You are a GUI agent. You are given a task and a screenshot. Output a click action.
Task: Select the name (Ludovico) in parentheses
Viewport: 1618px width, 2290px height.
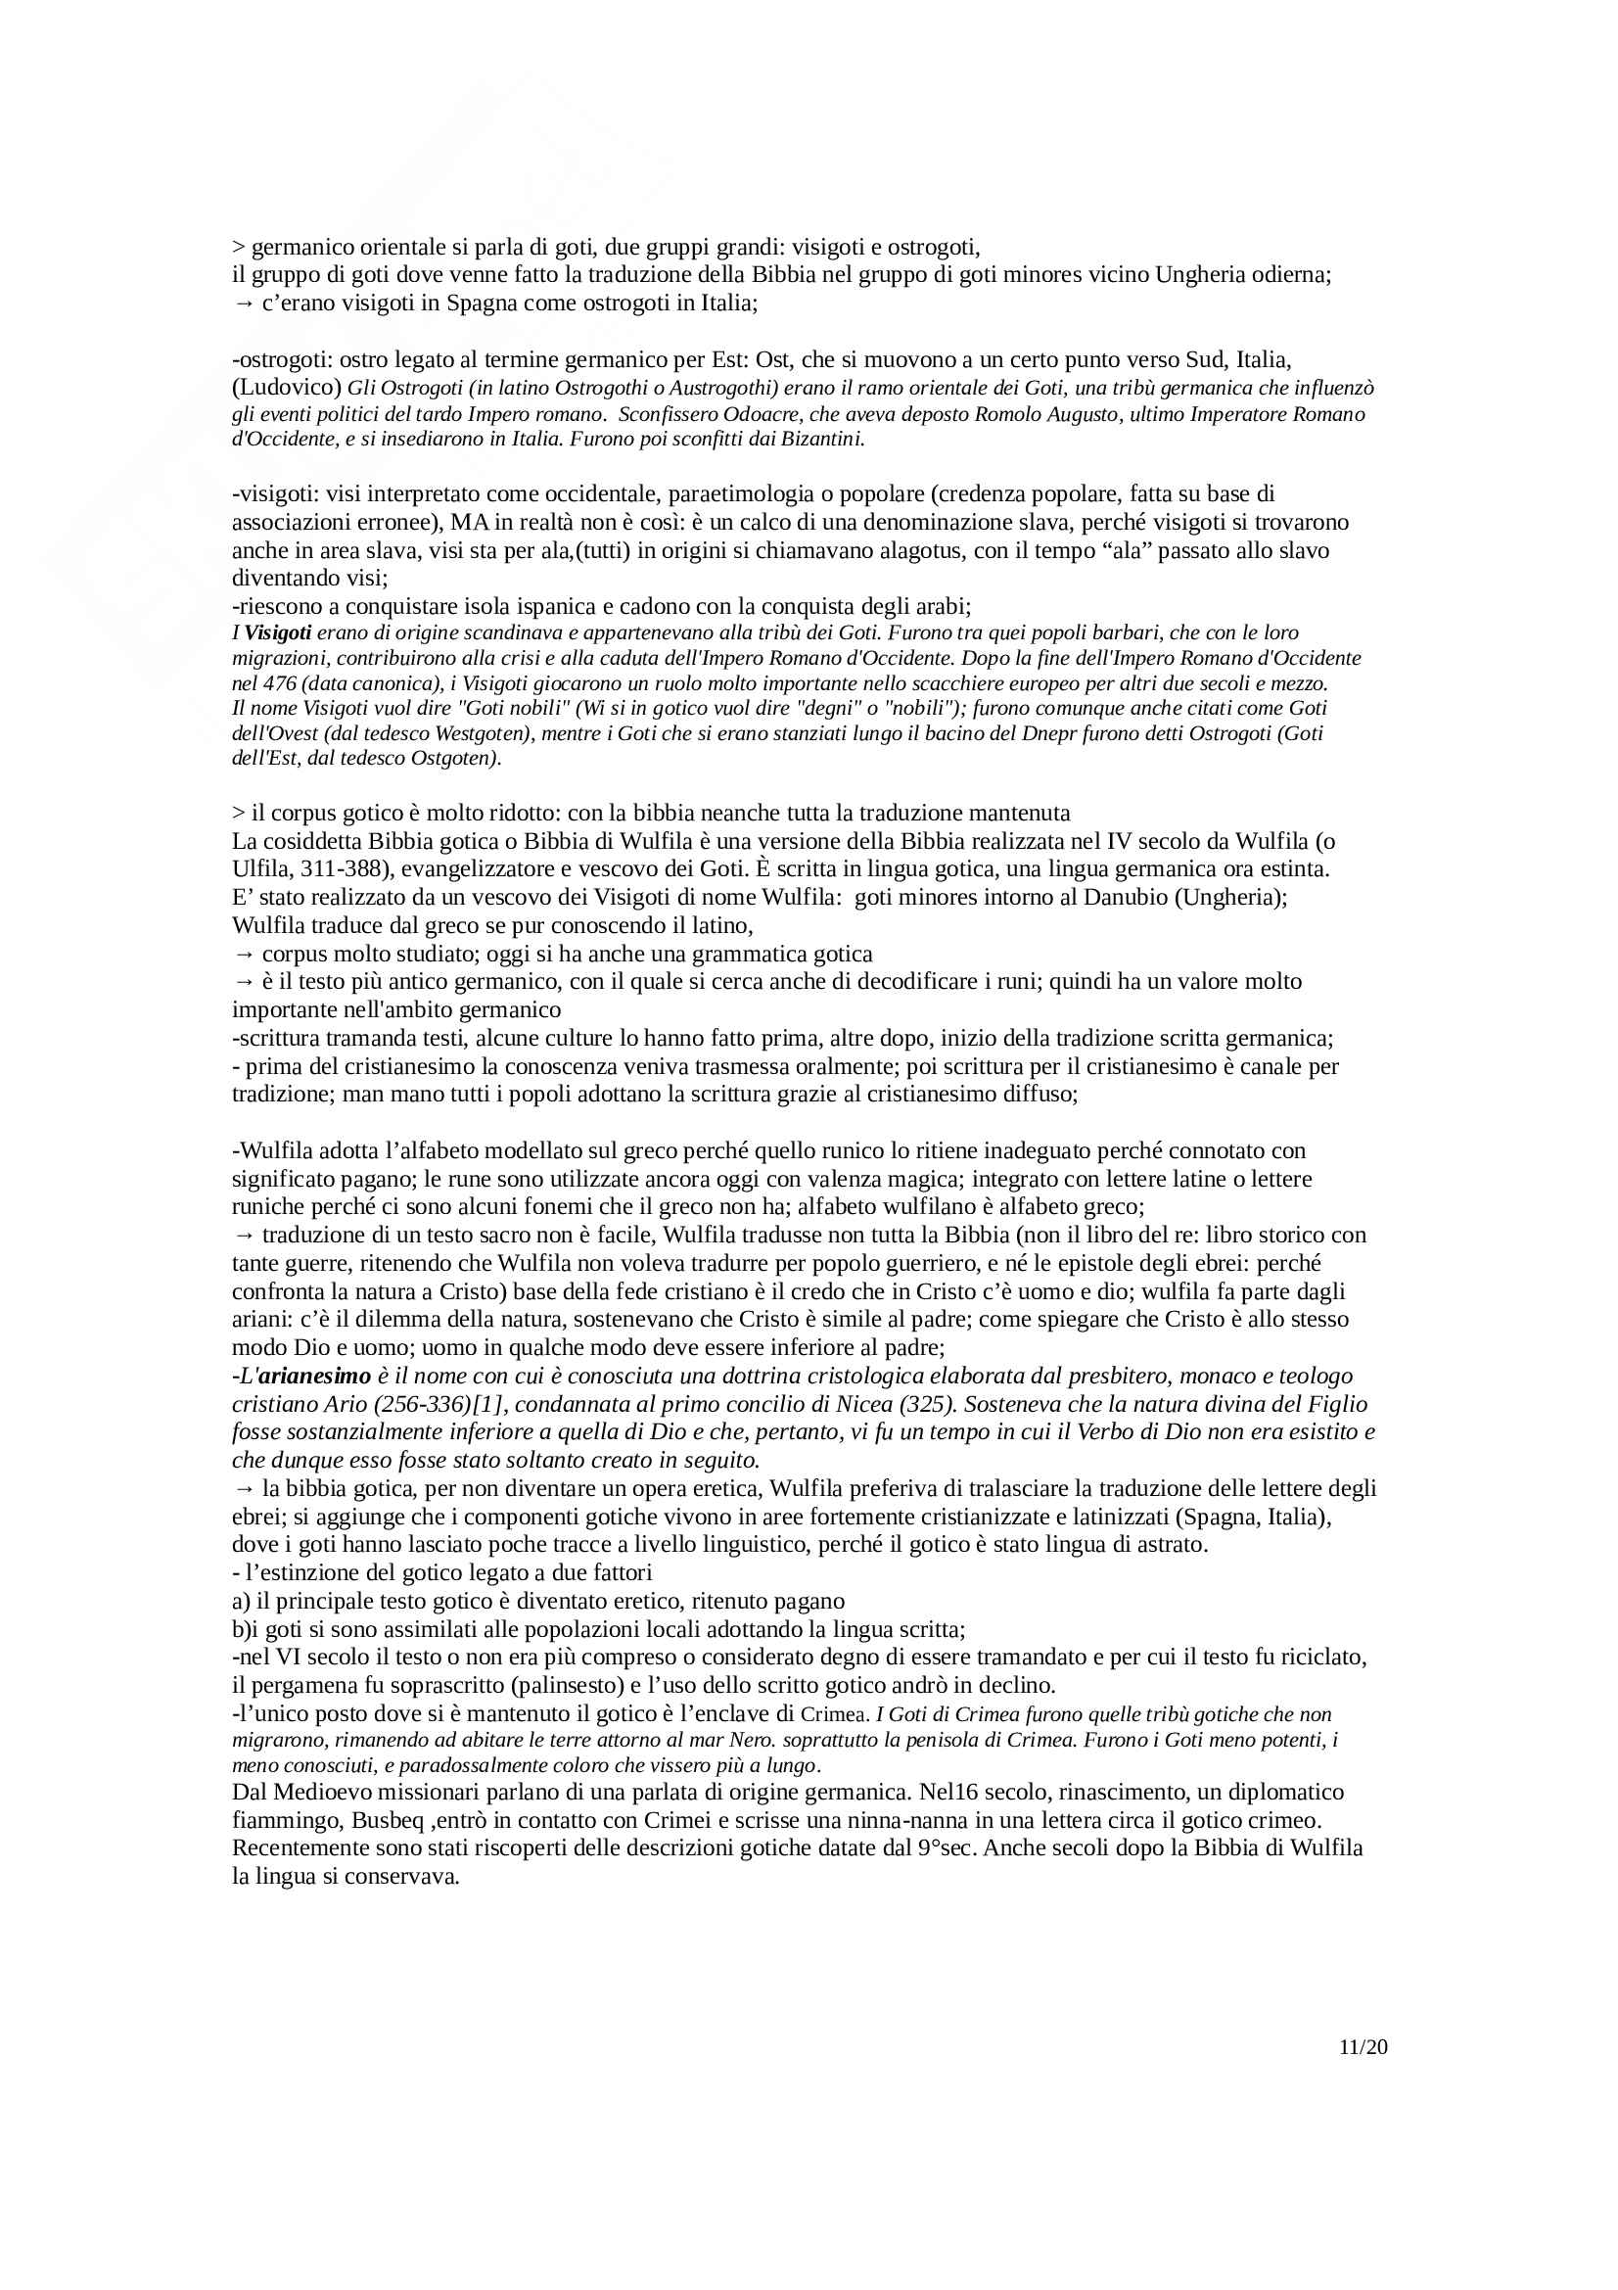(287, 388)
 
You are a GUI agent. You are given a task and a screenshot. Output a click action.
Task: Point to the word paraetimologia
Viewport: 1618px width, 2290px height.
(745, 493)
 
